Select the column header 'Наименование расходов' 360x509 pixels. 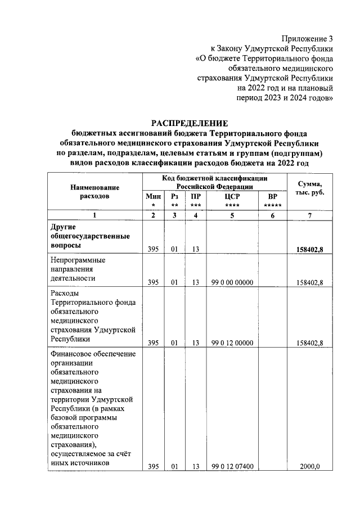(94, 192)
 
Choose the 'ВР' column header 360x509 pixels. (273, 197)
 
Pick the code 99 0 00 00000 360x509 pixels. (232, 282)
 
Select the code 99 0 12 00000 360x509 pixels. (232, 343)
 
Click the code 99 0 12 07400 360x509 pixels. (232, 466)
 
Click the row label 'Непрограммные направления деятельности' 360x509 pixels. (79, 269)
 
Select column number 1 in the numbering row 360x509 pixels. (94, 215)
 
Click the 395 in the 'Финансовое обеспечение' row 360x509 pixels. (153, 466)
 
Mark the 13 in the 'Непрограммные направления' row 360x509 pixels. (195, 282)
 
